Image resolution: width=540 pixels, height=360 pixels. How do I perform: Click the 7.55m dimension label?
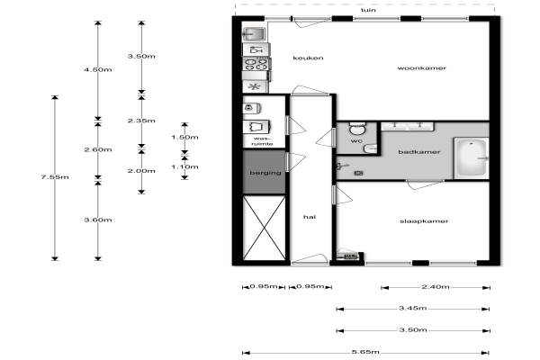tap(55, 177)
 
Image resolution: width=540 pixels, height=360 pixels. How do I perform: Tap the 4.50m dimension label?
tap(98, 69)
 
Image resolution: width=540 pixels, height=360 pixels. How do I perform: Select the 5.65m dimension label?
tap(365, 352)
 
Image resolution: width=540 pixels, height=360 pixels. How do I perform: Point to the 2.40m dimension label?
tap(436, 286)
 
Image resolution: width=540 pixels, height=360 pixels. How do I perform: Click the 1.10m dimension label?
tap(184, 166)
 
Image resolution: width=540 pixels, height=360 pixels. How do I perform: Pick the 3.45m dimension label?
tap(413, 308)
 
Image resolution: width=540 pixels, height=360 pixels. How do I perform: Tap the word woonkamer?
tap(422, 68)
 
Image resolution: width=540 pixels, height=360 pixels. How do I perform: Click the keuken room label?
tap(308, 58)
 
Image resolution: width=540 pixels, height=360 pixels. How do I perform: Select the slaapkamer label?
tap(424, 221)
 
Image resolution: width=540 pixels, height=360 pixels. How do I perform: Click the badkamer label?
tap(419, 152)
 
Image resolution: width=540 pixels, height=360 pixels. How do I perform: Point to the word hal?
tap(310, 217)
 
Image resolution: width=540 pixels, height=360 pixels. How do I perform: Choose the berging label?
tap(265, 173)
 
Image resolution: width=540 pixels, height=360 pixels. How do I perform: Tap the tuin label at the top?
tap(368, 10)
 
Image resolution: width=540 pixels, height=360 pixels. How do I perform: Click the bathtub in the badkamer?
tap(471, 158)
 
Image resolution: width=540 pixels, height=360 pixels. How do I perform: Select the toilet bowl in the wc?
tap(357, 129)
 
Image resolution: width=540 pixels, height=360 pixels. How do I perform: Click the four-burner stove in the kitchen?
tap(256, 64)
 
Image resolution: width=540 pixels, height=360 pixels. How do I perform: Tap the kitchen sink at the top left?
tap(254, 34)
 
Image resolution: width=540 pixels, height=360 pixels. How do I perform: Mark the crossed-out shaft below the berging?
tap(265, 228)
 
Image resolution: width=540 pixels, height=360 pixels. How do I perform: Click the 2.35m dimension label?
tap(141, 121)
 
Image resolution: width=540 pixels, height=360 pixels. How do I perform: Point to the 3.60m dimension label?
tap(98, 220)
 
